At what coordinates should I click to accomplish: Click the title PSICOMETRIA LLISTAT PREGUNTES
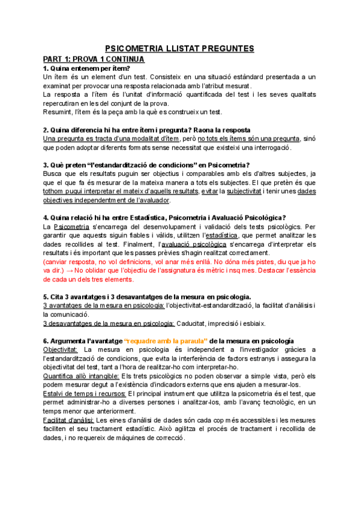coord(179,49)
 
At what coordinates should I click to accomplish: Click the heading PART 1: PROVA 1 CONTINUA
coord(93,59)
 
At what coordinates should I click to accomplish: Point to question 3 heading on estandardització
coord(146,165)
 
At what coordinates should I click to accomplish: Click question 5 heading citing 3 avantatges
coord(147,297)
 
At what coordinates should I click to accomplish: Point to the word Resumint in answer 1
coord(59,112)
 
